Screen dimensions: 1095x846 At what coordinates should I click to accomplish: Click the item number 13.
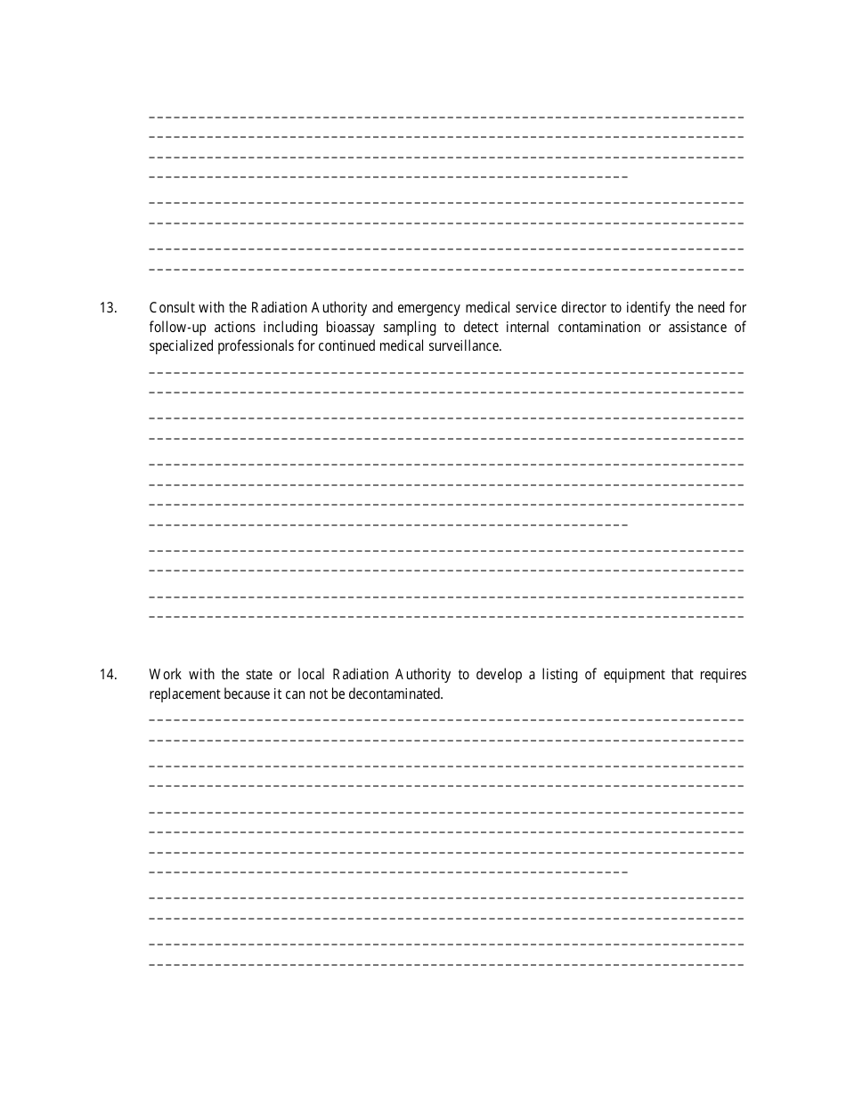point(108,308)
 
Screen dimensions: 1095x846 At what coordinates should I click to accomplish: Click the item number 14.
point(108,675)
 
